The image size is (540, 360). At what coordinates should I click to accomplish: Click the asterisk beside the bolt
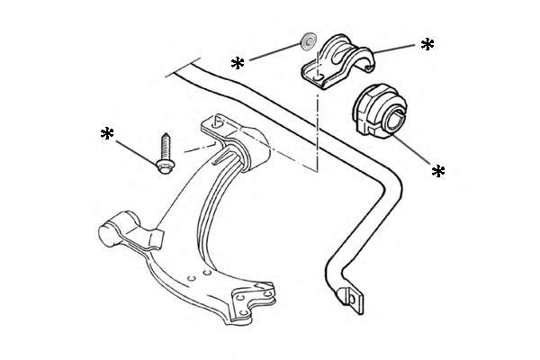pos(107,135)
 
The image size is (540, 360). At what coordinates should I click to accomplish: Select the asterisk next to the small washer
pos(238,63)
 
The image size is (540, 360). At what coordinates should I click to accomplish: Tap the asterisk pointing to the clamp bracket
pos(427,43)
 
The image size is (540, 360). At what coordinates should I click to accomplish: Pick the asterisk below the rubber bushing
pos(438,171)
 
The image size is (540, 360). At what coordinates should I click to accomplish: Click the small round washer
pos(306,40)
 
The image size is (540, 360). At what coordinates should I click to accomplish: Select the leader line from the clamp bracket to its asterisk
pos(396,48)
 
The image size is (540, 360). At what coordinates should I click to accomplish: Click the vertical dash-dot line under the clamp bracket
pos(317,126)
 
